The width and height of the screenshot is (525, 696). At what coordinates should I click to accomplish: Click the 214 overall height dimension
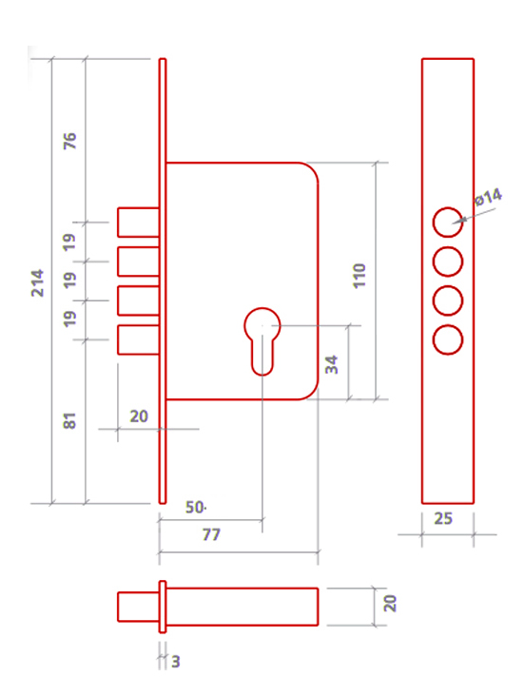(37, 282)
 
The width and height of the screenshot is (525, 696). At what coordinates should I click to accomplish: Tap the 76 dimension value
(69, 141)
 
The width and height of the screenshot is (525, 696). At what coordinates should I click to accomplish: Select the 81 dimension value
(69, 421)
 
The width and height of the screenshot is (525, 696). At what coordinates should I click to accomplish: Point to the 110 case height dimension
(360, 276)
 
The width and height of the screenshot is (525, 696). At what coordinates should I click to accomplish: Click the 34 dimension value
(331, 364)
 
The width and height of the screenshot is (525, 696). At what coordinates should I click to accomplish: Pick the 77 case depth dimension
(211, 534)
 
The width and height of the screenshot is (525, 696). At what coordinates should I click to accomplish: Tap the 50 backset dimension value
(195, 508)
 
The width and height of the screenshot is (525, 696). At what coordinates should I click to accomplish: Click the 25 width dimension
(443, 518)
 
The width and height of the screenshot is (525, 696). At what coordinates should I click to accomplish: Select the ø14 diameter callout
(488, 197)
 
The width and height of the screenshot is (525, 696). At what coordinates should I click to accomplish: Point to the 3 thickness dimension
(176, 662)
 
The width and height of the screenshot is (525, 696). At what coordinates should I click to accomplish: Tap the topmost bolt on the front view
(138, 222)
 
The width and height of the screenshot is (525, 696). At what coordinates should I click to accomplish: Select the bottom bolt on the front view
(138, 340)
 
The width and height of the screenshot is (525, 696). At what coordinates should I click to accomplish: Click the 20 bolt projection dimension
(139, 416)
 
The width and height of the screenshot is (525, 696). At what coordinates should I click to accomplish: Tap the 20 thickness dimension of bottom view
(390, 604)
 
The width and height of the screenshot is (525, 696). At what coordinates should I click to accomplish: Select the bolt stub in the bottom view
(138, 607)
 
